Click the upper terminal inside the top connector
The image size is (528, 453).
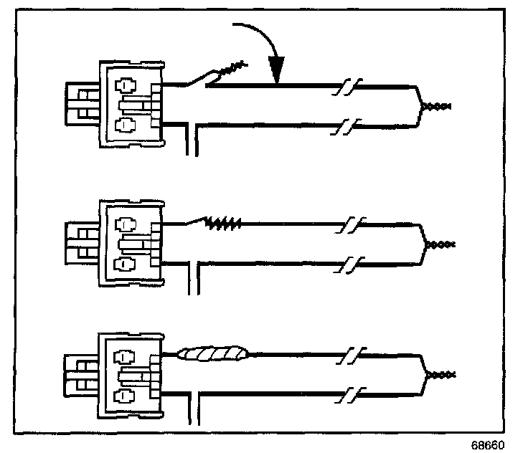[126, 85]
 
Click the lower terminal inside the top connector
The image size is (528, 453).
[126, 125]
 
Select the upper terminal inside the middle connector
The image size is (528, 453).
[126, 223]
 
